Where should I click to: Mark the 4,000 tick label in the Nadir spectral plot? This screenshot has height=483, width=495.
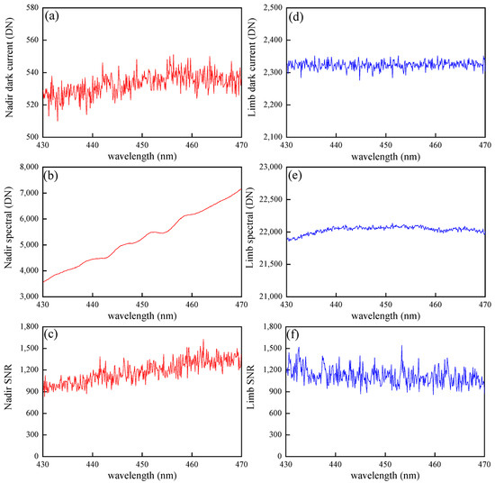click(25, 270)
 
